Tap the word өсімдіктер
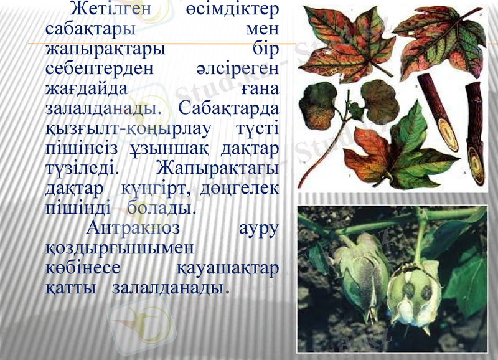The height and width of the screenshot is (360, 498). click(x=232, y=11)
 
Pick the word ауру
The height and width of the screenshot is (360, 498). click(x=258, y=227)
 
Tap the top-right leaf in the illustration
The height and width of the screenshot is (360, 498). click(x=442, y=47)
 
